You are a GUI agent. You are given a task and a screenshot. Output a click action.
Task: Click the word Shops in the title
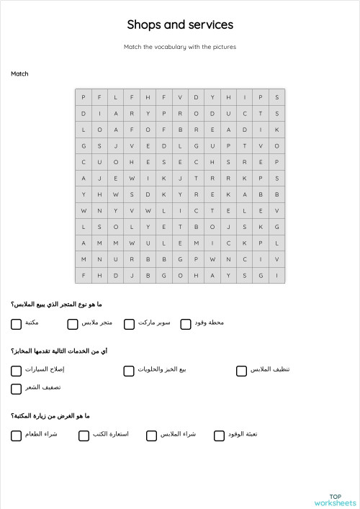coord(143,25)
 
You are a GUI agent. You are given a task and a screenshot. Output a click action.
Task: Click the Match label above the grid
coord(19,73)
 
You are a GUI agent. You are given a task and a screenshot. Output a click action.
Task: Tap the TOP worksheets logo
coord(335,500)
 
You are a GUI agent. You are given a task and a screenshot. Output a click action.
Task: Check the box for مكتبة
coord(16,324)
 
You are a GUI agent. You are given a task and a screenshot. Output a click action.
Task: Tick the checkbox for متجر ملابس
coord(73,324)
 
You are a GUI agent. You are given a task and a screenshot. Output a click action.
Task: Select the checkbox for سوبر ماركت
coord(130,324)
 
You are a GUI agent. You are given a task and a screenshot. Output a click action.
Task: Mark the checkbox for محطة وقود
coord(186,324)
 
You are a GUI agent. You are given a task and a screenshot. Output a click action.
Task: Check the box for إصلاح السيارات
coord(16,371)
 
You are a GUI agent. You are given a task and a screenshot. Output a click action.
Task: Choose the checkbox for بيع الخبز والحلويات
coord(129,371)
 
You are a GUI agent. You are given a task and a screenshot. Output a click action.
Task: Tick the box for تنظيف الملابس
coord(242,371)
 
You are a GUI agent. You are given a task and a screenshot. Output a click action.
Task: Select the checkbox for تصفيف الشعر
coord(16,389)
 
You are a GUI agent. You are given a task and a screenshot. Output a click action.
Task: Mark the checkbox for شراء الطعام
coord(16,436)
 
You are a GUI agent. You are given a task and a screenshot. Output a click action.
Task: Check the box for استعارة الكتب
coord(84,436)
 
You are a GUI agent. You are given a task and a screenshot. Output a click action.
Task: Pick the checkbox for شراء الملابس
coord(152,436)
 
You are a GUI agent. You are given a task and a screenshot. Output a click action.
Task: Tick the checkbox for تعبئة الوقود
coord(220,436)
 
